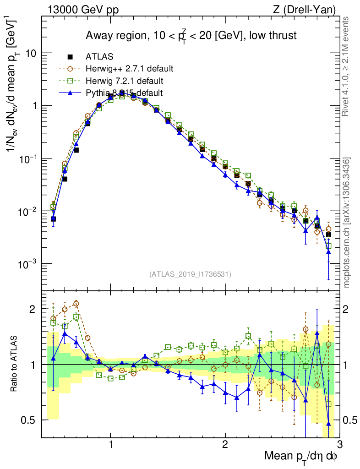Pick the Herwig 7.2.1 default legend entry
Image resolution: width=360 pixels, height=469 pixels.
(124, 81)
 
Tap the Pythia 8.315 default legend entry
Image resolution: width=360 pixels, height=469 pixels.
(124, 93)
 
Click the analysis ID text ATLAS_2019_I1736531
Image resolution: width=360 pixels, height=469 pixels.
(190, 274)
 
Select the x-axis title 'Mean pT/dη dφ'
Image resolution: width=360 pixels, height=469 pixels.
(301, 456)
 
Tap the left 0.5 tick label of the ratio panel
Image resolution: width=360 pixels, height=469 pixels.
(30, 420)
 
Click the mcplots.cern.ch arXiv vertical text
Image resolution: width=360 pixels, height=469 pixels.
(348, 222)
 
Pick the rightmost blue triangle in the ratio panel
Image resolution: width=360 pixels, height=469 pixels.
(328, 424)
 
